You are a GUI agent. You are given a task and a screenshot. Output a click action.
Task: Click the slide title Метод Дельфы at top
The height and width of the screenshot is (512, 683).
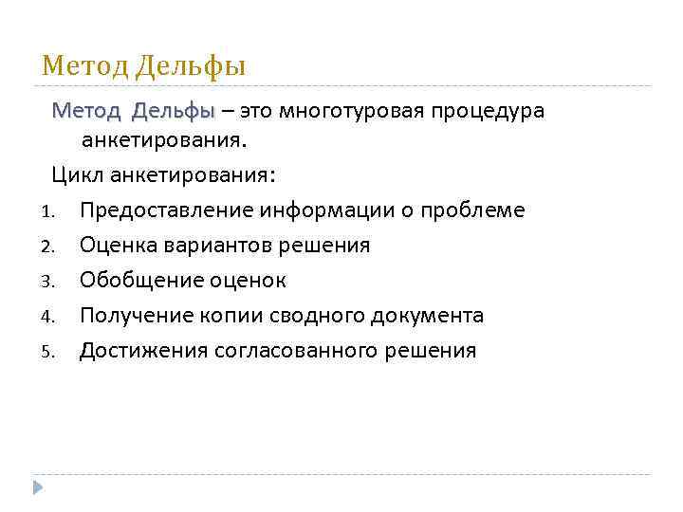pos(144,66)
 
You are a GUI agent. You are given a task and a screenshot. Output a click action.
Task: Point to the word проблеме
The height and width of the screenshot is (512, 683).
pos(467,210)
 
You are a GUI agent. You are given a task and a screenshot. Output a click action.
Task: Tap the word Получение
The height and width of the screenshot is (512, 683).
pos(135,316)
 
